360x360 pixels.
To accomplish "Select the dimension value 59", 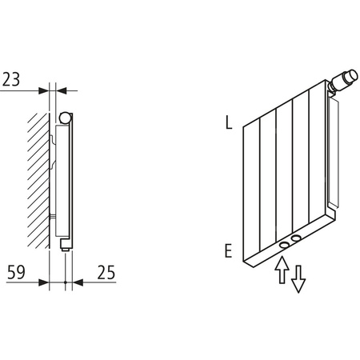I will tap(14, 272).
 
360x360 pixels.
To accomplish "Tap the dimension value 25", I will tap(104, 272).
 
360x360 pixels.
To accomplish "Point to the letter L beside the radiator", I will tap(229, 123).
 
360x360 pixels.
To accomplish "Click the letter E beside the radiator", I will tap(229, 251).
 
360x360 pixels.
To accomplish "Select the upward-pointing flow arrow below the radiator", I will tap(282, 270).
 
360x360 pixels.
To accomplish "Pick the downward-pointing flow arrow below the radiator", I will tap(298, 278).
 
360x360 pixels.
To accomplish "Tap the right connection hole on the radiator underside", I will tap(298, 238).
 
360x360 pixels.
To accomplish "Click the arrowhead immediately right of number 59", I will tap(44, 282).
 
